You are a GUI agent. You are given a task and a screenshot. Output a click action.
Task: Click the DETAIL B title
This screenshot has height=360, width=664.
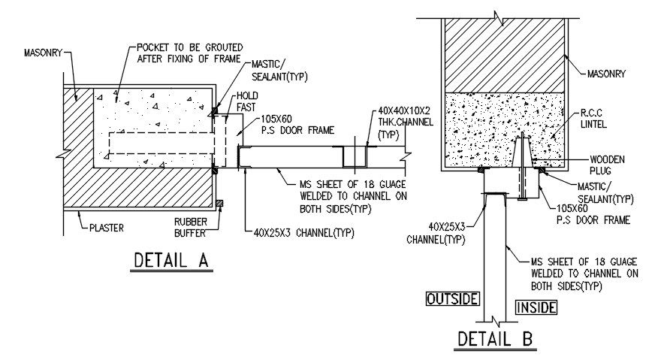point(496,339)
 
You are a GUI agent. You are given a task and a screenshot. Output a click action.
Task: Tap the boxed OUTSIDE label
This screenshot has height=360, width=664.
point(452,298)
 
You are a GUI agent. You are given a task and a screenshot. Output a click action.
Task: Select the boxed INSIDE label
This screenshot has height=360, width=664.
point(536,307)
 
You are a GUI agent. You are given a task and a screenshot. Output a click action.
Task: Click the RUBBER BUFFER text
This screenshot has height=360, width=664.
point(194,226)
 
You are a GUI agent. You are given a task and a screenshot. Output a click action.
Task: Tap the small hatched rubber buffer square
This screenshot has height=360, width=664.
point(219,204)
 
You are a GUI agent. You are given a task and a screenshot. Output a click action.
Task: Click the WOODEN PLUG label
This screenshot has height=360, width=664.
point(608,164)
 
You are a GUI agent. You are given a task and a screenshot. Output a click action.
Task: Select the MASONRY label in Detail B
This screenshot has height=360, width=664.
point(608,74)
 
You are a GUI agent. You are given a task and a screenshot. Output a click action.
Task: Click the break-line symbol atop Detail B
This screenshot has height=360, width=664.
point(496,14)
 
